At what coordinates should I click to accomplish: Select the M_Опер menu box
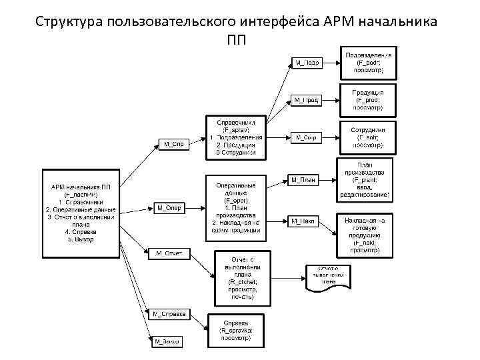pos(169,208)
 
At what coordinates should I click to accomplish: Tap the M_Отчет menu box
pos(169,253)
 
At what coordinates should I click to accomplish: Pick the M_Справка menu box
pos(169,313)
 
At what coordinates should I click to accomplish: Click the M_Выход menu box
pos(167,342)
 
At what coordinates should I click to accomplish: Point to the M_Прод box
pos(305,100)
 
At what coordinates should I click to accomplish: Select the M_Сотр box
pos(305,137)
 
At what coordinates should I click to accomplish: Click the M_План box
pos(303,179)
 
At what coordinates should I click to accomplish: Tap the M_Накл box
pos(303,220)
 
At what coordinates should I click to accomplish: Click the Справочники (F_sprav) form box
pos(235,137)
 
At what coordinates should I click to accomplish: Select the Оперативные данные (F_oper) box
pos(235,207)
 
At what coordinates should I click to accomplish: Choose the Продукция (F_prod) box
pos(367,99)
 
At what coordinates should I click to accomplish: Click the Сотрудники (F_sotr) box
pos(367,136)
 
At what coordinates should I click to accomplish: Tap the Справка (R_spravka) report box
pos(237,331)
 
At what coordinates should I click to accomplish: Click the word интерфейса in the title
pos(265,21)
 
